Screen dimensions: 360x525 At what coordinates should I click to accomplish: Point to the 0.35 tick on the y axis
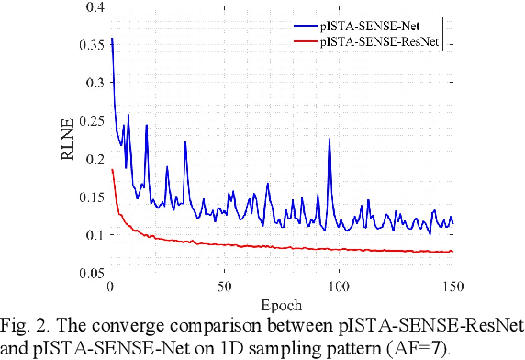(88, 45)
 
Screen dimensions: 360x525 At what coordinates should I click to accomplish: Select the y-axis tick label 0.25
(88, 121)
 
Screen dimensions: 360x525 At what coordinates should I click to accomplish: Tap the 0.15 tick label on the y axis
(88, 197)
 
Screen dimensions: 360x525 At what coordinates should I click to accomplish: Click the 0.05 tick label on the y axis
(88, 274)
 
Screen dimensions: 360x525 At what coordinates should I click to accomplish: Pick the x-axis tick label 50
(225, 287)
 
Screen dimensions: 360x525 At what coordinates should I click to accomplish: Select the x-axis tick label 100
(339, 287)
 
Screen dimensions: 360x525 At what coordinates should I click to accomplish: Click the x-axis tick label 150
(452, 287)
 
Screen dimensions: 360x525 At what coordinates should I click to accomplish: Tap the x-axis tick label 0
(111, 287)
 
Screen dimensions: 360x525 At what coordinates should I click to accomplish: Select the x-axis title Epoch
(282, 303)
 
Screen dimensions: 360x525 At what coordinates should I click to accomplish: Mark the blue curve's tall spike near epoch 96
(330, 139)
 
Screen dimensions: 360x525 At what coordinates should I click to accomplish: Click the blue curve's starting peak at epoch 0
(112, 39)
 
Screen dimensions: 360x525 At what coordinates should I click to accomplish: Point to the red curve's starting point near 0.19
(112, 170)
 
